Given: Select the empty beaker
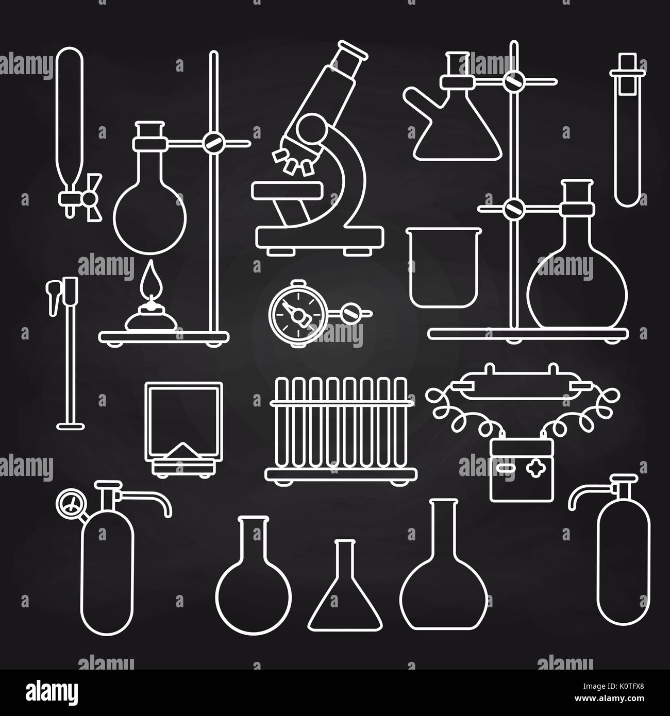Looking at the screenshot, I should pyautogui.click(x=444, y=268).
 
